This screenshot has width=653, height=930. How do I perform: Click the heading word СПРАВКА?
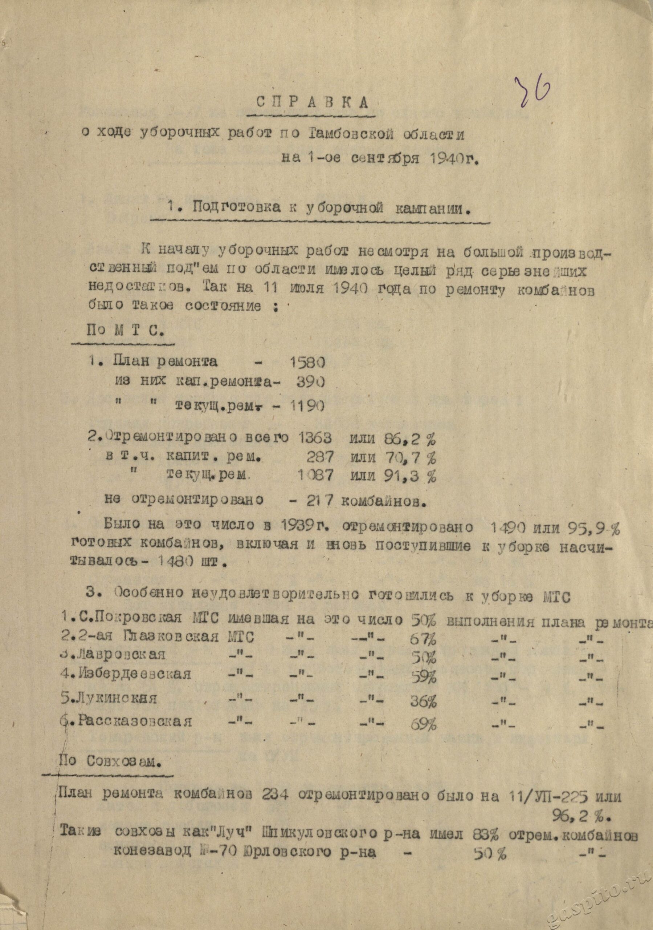[x=313, y=102]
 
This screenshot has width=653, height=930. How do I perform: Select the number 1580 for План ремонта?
[x=307, y=362]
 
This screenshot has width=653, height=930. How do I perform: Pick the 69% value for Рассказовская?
[x=424, y=724]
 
